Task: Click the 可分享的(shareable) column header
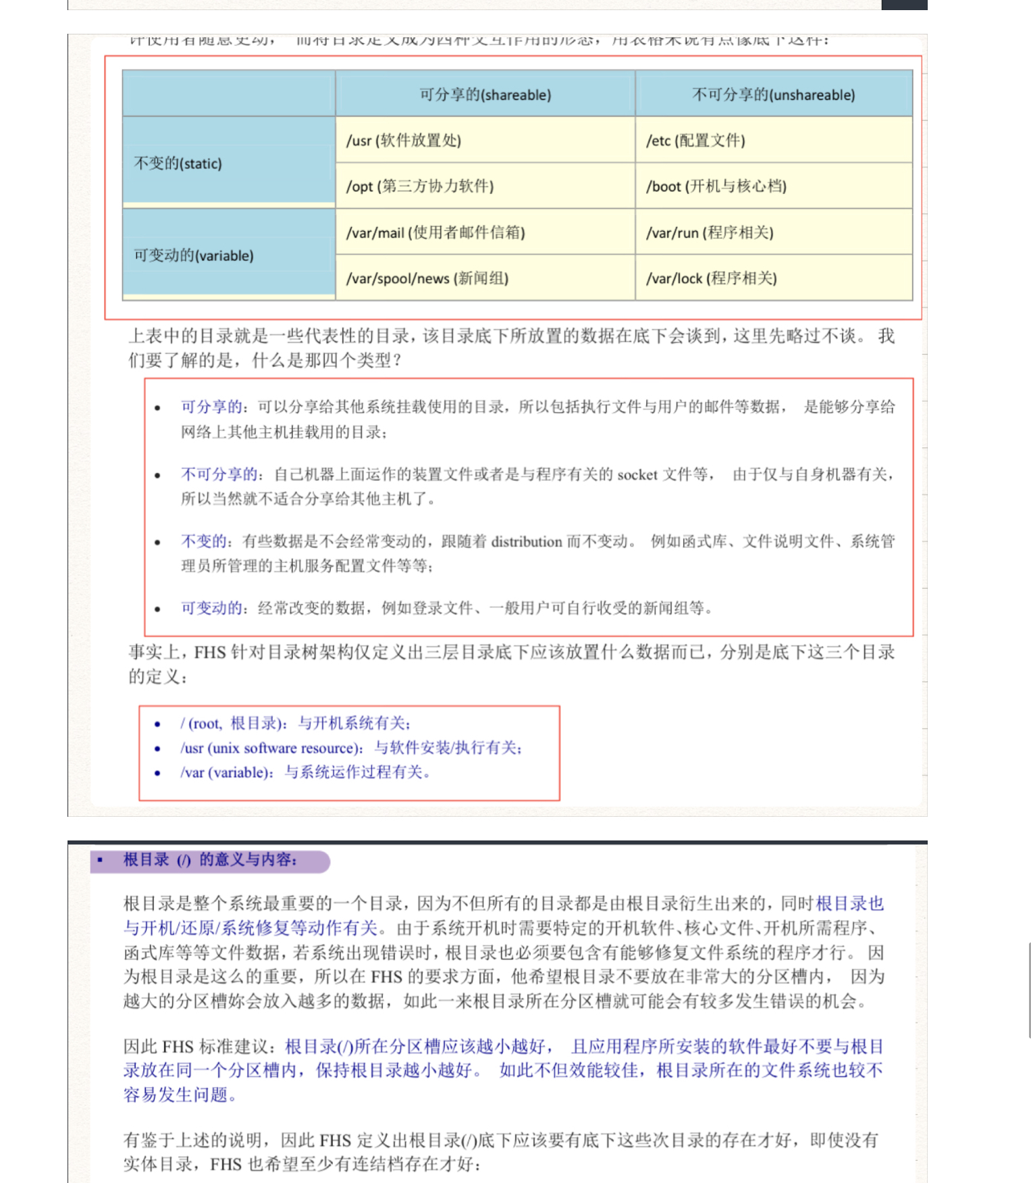pyautogui.click(x=485, y=95)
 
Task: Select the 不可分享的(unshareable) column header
pyautogui.click(x=773, y=95)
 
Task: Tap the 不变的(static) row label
pyautogui.click(x=178, y=163)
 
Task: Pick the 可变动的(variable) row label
pyautogui.click(x=194, y=255)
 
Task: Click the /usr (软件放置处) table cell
pyautogui.click(x=404, y=141)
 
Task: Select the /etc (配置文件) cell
pyautogui.click(x=695, y=141)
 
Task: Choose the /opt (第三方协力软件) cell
pyautogui.click(x=420, y=186)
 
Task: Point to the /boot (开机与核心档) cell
pyautogui.click(x=716, y=186)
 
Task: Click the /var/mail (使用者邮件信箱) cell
pyautogui.click(x=435, y=233)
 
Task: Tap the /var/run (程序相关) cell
pyautogui.click(x=710, y=233)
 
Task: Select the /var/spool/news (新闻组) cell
pyautogui.click(x=427, y=278)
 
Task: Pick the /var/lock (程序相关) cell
pyautogui.click(x=712, y=278)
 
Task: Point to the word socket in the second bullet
pyautogui.click(x=637, y=475)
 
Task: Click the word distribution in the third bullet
pyautogui.click(x=527, y=542)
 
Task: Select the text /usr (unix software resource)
pyautogui.click(x=269, y=748)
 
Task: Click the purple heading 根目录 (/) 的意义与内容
pyautogui.click(x=209, y=860)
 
